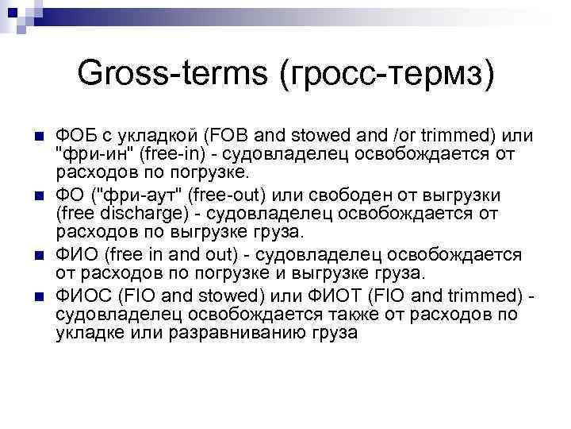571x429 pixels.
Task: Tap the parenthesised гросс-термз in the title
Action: click(387, 75)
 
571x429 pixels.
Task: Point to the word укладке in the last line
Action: click(86, 333)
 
